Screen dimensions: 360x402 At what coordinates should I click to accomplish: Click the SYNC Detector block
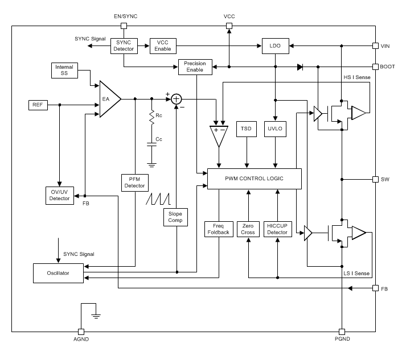pos(124,45)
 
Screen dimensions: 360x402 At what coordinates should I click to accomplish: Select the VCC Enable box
pos(163,45)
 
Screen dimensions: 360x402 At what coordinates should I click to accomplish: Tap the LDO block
pos(275,45)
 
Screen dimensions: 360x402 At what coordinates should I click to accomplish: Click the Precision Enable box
pos(195,67)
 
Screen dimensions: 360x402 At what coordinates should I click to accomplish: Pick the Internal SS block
pos(64,71)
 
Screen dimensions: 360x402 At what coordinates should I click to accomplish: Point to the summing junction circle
pos(177,99)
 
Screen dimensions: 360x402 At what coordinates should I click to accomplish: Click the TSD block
pos(247,129)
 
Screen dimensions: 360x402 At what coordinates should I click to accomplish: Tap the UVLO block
pos(276,129)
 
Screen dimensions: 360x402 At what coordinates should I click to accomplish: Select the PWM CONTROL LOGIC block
pos(253,179)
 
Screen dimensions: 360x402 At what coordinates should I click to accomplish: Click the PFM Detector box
pos(135,182)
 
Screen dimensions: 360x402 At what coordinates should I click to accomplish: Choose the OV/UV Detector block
pos(60,195)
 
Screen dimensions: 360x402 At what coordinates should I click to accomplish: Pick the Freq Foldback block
pos(219,229)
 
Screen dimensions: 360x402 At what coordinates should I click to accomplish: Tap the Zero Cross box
pos(248,229)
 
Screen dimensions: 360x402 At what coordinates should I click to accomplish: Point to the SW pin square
pos(375,179)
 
